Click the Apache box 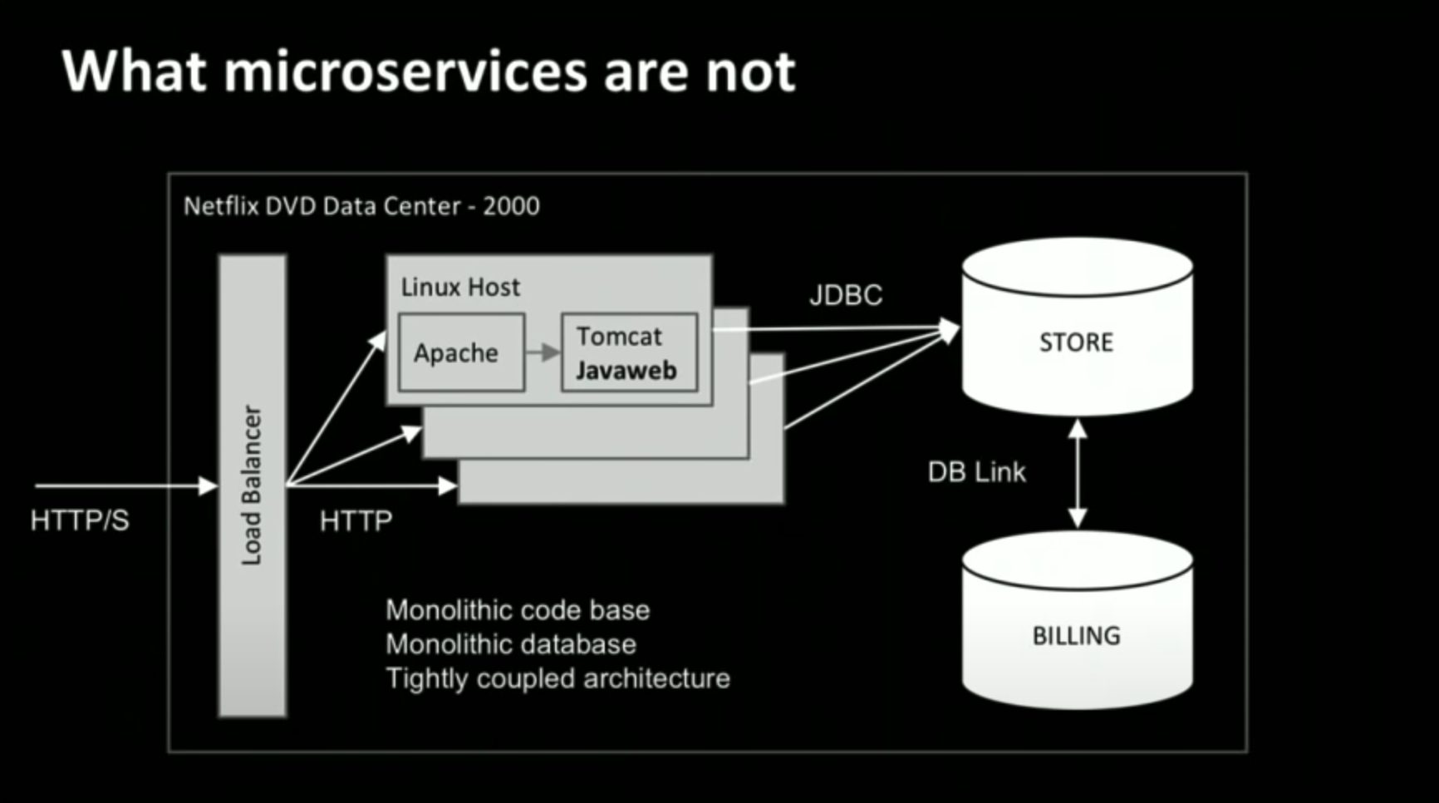click(x=461, y=352)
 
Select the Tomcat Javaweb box click(x=629, y=352)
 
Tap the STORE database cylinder click(x=1077, y=342)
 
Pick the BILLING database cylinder click(x=1077, y=635)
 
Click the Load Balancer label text click(x=252, y=485)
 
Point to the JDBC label click(x=846, y=295)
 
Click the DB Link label click(x=976, y=472)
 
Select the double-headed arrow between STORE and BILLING click(x=1078, y=473)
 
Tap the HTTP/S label click(x=80, y=520)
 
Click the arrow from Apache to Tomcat click(x=543, y=352)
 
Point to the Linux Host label click(x=460, y=287)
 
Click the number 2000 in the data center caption click(x=511, y=205)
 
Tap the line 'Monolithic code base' click(x=518, y=610)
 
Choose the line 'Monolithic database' click(x=511, y=644)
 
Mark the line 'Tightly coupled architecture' click(x=557, y=678)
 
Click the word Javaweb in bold click(x=626, y=370)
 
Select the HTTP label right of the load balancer click(x=356, y=520)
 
